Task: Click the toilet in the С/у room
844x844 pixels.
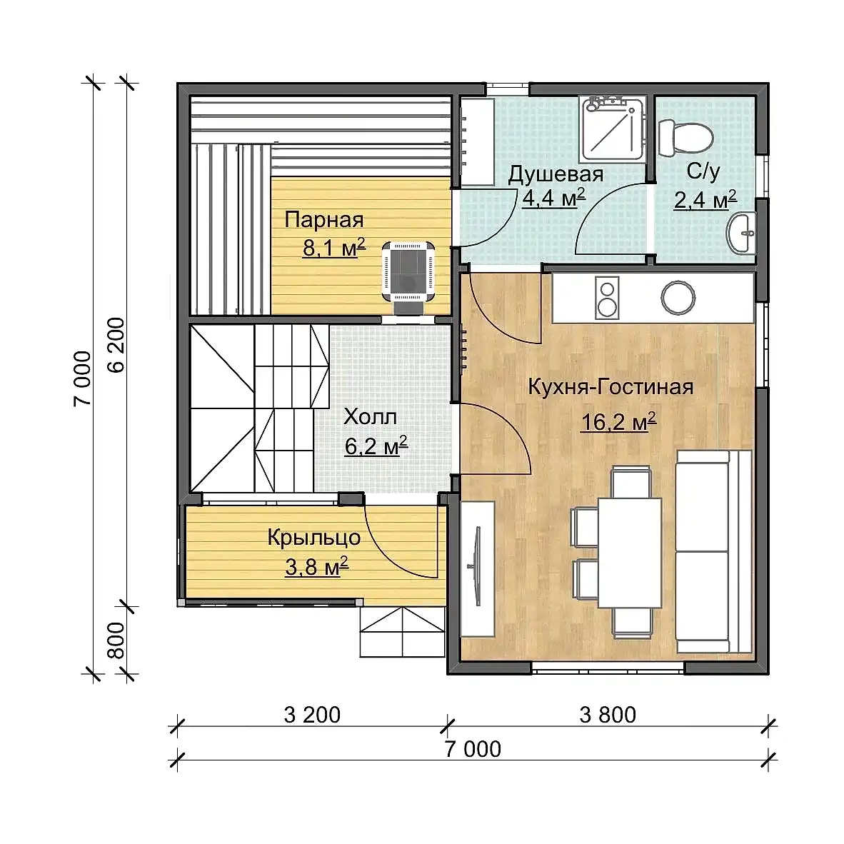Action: (x=685, y=137)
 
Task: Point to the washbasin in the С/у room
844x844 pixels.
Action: (x=741, y=233)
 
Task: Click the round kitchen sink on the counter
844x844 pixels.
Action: (x=678, y=297)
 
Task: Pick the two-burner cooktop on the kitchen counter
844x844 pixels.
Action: (x=607, y=298)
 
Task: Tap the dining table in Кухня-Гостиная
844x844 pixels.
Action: (x=630, y=552)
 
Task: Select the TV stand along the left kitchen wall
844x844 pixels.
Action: (x=478, y=569)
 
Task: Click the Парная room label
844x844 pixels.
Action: (x=324, y=220)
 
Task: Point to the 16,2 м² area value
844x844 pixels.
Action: (x=618, y=421)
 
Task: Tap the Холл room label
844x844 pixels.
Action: (x=370, y=416)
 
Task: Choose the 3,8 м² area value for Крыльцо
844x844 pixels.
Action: (x=316, y=567)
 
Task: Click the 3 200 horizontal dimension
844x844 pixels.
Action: (x=312, y=715)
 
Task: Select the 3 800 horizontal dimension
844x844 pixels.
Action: (x=608, y=715)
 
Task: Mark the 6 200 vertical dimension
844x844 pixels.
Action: (x=116, y=345)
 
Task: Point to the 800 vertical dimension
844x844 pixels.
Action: (x=116, y=640)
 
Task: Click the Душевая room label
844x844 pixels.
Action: (x=556, y=174)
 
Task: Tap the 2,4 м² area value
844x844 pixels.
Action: (x=705, y=200)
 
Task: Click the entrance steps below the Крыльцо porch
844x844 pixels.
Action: (x=403, y=632)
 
